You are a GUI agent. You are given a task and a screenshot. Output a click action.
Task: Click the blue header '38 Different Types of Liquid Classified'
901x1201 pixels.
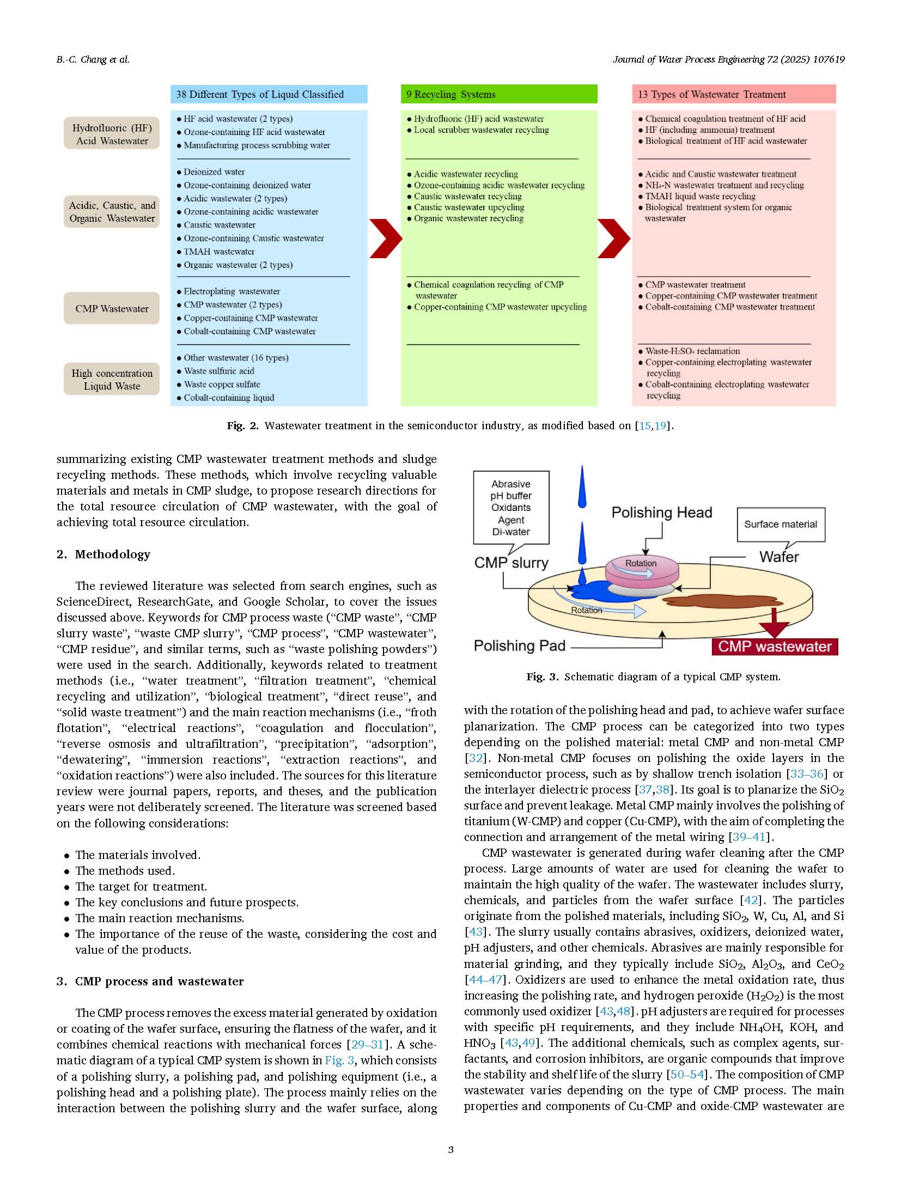[269, 94]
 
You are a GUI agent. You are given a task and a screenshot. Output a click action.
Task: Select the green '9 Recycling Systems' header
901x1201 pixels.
[498, 94]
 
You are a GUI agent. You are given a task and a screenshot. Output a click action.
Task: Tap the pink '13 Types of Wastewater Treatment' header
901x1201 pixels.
[733, 94]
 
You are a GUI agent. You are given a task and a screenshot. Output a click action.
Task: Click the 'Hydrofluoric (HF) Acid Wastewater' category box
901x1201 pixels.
[112, 134]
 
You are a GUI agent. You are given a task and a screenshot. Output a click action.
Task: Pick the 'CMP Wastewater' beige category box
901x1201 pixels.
[112, 308]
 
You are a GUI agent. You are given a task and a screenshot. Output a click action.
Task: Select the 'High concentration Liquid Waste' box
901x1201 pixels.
[112, 379]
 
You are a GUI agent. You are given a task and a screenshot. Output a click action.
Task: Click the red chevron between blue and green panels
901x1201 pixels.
[385, 238]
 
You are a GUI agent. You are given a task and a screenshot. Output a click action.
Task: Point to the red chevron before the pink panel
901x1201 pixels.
[613, 238]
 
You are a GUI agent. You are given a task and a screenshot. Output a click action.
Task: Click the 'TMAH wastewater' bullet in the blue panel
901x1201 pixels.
[218, 252]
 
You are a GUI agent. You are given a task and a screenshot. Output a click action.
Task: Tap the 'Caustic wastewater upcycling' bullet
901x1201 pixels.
[468, 208]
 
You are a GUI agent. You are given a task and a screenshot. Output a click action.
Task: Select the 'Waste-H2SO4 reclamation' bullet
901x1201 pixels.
[692, 351]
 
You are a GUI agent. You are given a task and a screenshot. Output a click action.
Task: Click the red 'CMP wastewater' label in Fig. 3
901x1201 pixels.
[774, 647]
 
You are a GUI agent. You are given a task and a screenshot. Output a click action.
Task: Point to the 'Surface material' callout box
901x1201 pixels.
[781, 524]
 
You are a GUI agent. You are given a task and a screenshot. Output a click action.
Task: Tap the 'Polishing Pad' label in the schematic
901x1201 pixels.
[519, 645]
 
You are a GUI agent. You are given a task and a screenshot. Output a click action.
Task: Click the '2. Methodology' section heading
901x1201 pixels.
[104, 554]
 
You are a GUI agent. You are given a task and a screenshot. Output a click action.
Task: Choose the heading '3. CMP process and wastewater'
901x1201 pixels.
[150, 981]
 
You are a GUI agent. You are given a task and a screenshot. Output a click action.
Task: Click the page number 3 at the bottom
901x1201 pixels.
[450, 1150]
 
